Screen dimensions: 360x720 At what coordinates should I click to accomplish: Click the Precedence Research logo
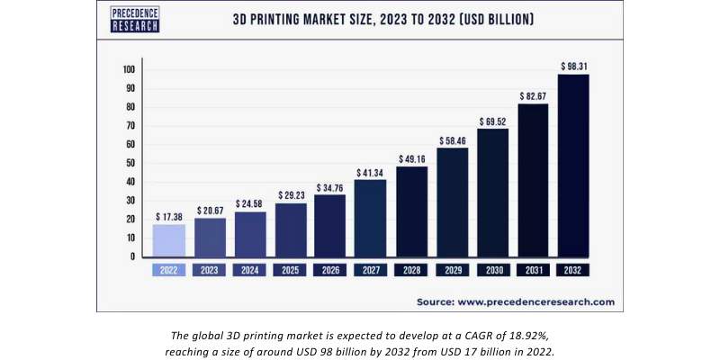(x=135, y=20)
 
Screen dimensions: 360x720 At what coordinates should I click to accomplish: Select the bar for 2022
(x=169, y=240)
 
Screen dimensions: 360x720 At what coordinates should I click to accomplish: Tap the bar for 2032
(x=573, y=166)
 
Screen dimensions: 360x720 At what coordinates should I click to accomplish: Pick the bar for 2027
(x=371, y=219)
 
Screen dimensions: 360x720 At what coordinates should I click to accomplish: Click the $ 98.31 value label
(x=573, y=66)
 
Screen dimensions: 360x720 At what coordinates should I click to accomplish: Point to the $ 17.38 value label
(x=169, y=217)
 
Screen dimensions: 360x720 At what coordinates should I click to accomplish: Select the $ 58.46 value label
(x=452, y=140)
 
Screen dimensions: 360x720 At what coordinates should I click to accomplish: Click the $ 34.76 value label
(x=330, y=186)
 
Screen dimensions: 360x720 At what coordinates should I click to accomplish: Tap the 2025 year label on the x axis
(x=291, y=269)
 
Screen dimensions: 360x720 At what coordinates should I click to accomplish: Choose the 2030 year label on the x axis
(x=492, y=269)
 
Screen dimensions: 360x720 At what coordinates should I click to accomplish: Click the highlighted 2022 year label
(x=169, y=269)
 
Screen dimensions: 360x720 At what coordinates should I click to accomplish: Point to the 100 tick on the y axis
(x=129, y=70)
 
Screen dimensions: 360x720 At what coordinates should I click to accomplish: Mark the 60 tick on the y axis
(x=130, y=145)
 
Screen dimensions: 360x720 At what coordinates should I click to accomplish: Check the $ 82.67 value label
(x=533, y=95)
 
